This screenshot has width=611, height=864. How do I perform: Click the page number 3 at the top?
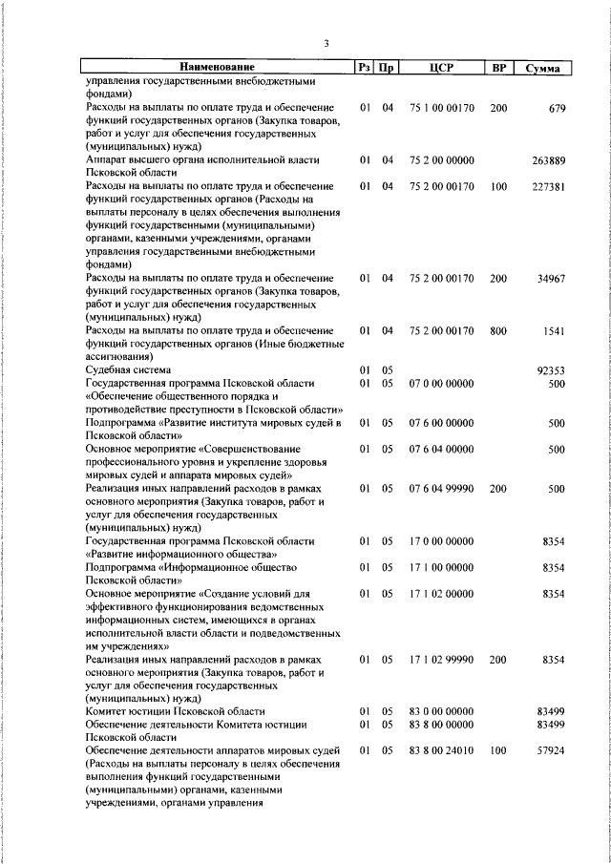(326, 43)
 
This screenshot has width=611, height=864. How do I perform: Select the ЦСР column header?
(440, 68)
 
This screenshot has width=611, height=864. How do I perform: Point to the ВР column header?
(497, 68)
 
